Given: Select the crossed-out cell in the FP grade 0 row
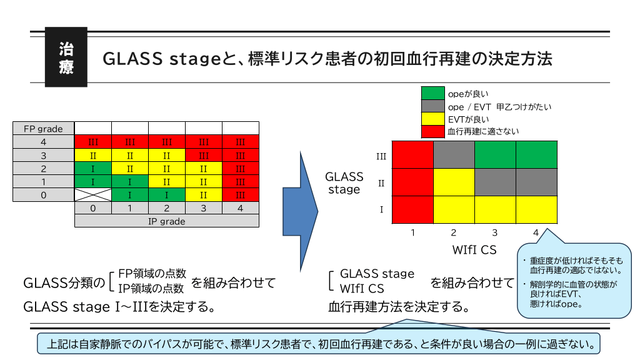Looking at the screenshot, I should [x=93, y=195].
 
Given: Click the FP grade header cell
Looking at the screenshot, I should [x=44, y=129].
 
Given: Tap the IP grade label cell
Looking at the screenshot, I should [x=166, y=221].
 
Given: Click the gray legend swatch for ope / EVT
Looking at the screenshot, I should [x=432, y=106].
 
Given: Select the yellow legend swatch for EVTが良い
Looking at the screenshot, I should [x=432, y=119].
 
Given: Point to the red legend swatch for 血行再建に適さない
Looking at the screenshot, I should [x=432, y=131].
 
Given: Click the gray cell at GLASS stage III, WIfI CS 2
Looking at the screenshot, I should [x=454, y=155].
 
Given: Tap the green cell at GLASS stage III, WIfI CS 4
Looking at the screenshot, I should [x=536, y=155].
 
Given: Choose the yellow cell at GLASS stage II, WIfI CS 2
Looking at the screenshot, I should [x=454, y=182].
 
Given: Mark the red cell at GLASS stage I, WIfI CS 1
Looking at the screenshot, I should [x=412, y=209].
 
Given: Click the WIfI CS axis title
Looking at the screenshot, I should [x=474, y=250].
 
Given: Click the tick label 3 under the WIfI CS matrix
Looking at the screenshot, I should [x=494, y=233].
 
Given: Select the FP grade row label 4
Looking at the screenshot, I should [x=44, y=141].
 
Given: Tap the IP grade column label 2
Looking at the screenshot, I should [x=166, y=208].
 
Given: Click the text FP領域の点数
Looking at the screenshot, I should [x=152, y=273].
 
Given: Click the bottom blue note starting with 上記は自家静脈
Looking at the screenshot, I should [x=319, y=344].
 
